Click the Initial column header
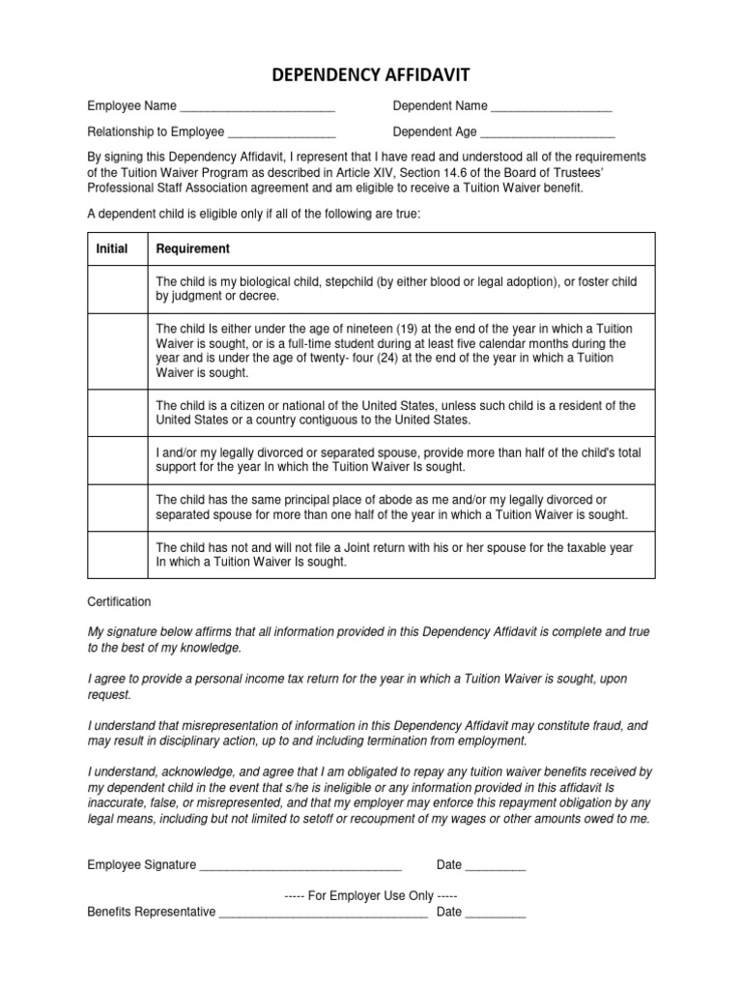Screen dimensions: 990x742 (x=112, y=248)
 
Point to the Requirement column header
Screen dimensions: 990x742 (x=193, y=248)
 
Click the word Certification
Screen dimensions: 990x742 (x=119, y=601)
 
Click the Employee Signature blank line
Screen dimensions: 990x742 (x=300, y=866)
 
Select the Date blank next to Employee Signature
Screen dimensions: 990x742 (x=496, y=866)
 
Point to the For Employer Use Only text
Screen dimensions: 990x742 (x=371, y=896)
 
